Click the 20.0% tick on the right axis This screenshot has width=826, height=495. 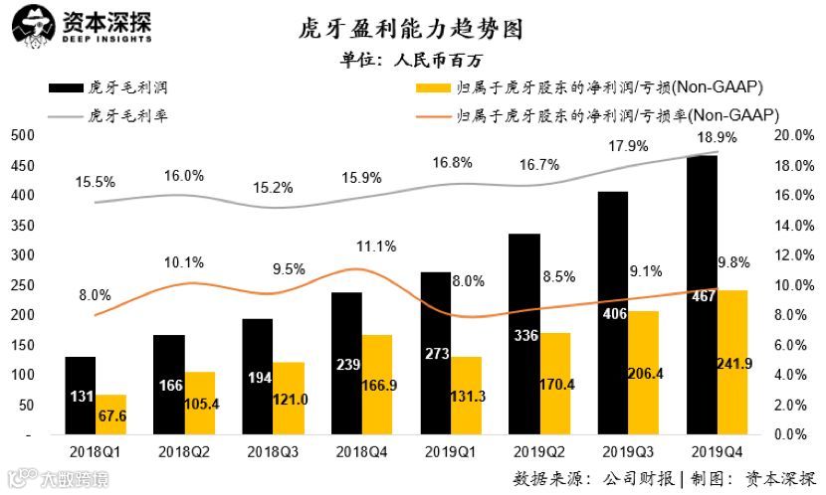(x=796, y=134)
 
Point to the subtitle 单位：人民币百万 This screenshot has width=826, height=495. (x=412, y=61)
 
